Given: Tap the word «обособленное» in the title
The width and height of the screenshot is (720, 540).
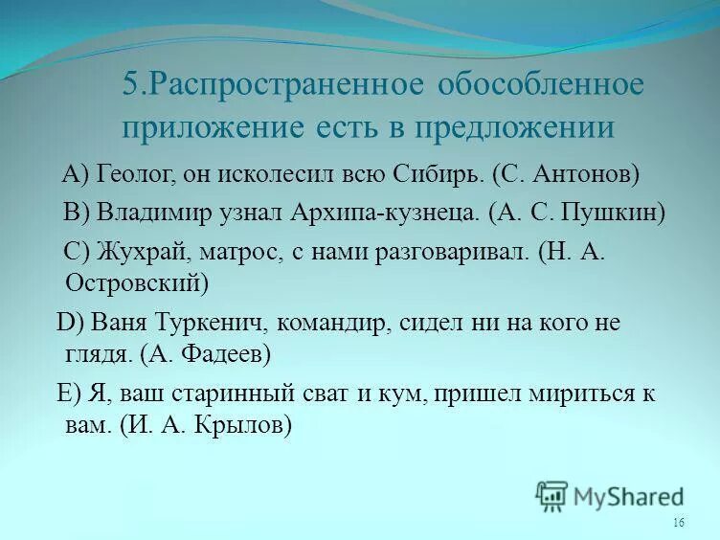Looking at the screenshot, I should pyautogui.click(x=541, y=84).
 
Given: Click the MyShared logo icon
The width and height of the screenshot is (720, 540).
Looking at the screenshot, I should pyautogui.click(x=552, y=496).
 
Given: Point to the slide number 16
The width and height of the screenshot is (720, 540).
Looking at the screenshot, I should pyautogui.click(x=679, y=522).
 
